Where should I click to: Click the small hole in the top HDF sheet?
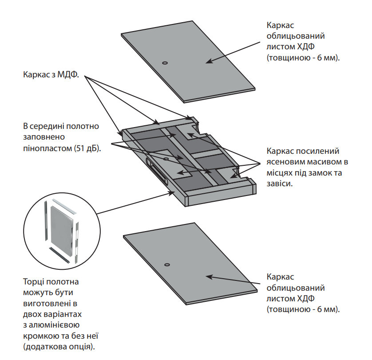point(165,63)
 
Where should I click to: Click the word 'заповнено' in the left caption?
point(44,137)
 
